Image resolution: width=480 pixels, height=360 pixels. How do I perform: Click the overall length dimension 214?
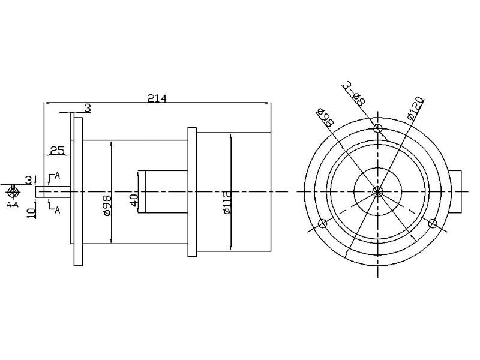coord(157,98)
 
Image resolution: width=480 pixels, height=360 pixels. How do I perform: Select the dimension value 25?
coord(57,151)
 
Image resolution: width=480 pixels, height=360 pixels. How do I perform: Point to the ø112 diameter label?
coord(227,202)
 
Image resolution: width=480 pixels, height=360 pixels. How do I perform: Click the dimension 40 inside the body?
coord(134,200)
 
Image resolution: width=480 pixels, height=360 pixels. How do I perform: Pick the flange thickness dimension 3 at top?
coord(88,108)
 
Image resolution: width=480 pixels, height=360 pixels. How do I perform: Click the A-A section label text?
coord(13,205)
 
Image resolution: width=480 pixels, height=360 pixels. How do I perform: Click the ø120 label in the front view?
coord(415,107)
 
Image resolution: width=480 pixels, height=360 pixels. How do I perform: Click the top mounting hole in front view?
coord(377,128)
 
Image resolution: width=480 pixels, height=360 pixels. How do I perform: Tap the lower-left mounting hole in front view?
coord(322,224)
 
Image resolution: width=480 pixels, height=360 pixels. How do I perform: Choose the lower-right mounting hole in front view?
coord(433,224)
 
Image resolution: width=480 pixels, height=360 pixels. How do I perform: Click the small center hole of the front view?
coord(377,191)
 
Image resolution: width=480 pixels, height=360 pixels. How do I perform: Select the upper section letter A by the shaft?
coord(57,176)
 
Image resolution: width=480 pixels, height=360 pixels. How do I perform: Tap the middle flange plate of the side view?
coord(192,191)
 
